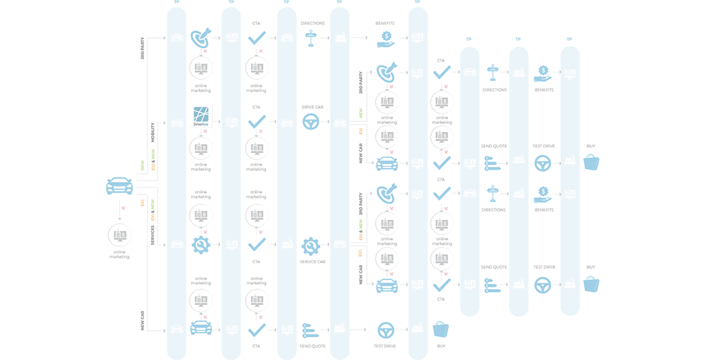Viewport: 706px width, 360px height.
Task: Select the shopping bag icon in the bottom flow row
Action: pyautogui.click(x=439, y=329)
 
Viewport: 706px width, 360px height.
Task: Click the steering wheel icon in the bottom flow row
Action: pyautogui.click(x=387, y=329)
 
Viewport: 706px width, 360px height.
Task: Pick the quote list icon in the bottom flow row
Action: pyautogui.click(x=310, y=329)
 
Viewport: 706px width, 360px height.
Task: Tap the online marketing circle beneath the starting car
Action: pyautogui.click(x=120, y=234)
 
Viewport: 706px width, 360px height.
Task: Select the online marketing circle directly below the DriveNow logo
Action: pyautogui.click(x=201, y=149)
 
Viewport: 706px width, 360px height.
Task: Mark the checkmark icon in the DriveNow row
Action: pyautogui.click(x=256, y=123)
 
